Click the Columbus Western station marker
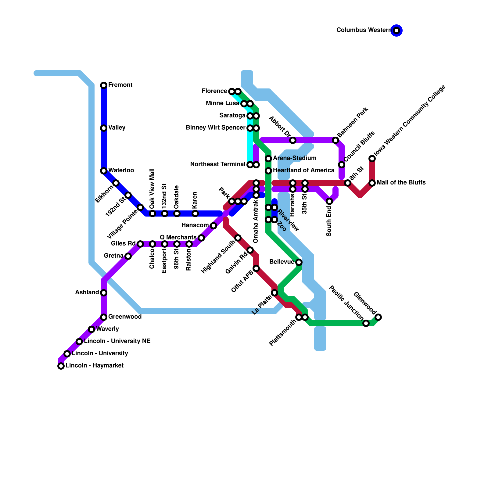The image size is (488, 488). tap(396, 30)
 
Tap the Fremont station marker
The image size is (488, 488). tap(104, 85)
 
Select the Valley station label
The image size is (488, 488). tap(117, 127)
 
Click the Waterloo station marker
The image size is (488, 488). tap(104, 171)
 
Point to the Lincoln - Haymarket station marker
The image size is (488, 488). tap(61, 366)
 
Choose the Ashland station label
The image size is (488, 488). tap(87, 292)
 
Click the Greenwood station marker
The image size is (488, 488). tap(104, 317)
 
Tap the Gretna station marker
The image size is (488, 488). tap(128, 256)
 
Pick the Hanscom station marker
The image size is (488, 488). tap(213, 226)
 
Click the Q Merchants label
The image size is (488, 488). tap(178, 237)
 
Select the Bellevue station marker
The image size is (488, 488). tap(299, 262)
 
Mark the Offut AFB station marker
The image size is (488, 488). tap(256, 268)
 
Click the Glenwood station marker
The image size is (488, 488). tap(378, 317)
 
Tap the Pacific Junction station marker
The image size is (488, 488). tap(366, 323)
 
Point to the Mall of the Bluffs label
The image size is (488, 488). tap(401, 182)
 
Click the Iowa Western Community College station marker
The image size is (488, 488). tap(372, 159)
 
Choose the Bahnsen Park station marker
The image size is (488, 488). tap(335, 140)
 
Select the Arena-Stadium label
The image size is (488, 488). tap(295, 158)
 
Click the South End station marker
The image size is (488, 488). tap(329, 201)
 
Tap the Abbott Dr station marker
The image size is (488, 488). tap(293, 140)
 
